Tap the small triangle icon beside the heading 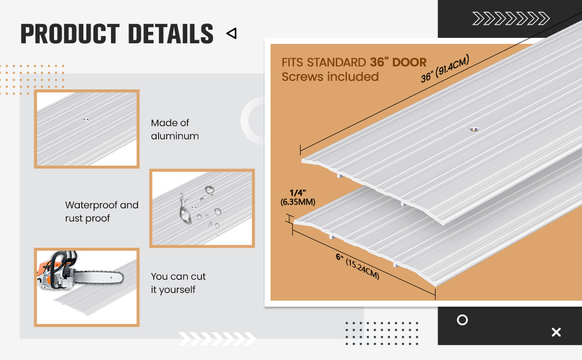pos(231,34)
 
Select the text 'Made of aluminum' pos(175,130)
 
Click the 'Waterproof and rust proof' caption pos(101,212)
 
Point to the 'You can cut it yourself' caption pos(178,283)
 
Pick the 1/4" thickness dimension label pos(297,192)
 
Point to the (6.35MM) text pos(297,202)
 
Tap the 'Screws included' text pos(330,77)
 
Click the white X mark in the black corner pos(556,332)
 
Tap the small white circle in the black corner pos(462,320)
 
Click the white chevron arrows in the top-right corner pos(510,19)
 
